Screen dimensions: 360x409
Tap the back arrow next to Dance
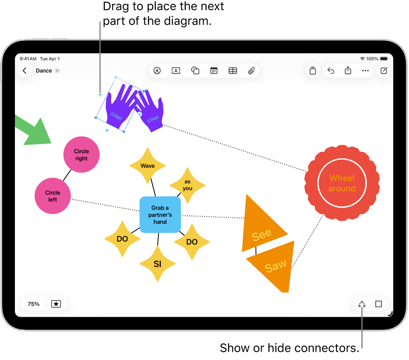coord(25,71)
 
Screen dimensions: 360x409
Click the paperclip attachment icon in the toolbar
coord(251,71)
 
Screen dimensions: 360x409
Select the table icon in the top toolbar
coord(233,71)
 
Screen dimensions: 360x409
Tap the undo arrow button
coord(331,71)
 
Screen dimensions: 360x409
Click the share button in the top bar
coord(348,71)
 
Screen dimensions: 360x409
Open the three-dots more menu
coord(365,71)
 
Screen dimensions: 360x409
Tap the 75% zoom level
coord(34,304)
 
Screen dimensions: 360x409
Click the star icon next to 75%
coord(56,304)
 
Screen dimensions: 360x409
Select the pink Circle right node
coord(81,154)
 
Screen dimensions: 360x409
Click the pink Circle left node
coord(52,196)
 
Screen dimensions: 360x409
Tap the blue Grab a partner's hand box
coord(160,215)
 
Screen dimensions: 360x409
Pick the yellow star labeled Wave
coord(147,166)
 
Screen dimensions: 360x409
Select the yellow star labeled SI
coord(158,264)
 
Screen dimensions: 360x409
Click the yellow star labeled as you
coord(187,185)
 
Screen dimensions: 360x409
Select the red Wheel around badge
coord(342,183)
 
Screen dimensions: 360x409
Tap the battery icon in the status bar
coord(384,58)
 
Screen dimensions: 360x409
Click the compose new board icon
coord(384,71)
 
